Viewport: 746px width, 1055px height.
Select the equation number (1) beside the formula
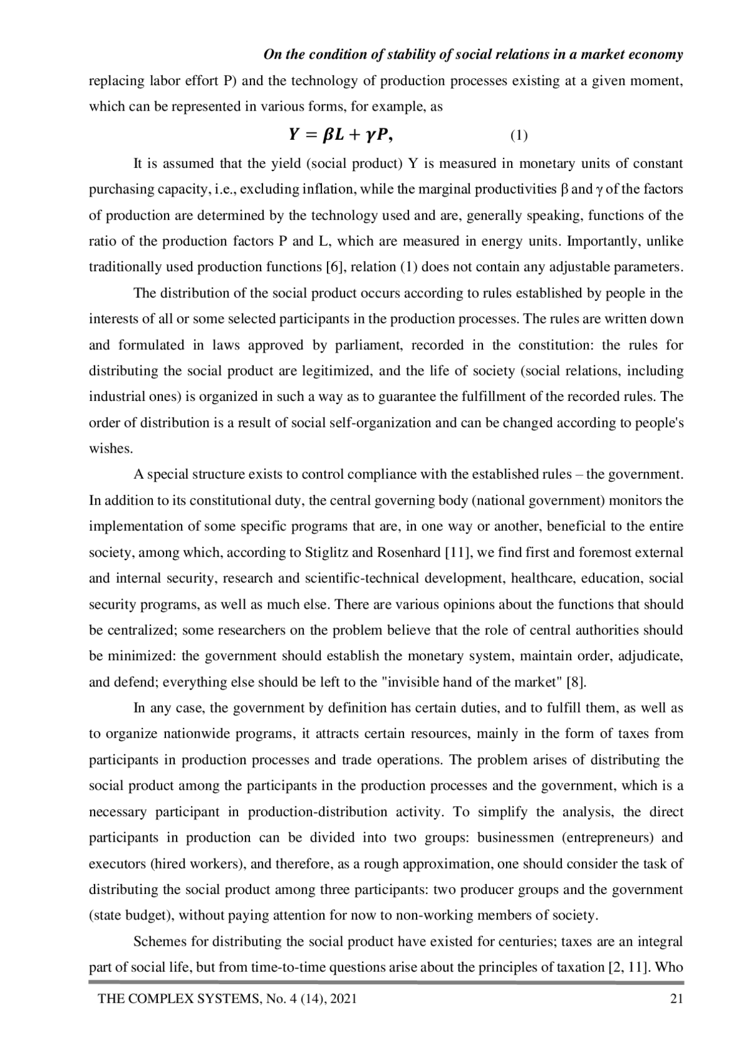(519, 136)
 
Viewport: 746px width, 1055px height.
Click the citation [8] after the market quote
(576, 682)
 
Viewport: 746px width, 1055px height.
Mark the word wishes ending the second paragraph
(110, 449)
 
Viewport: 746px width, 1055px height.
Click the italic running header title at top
(473, 55)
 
